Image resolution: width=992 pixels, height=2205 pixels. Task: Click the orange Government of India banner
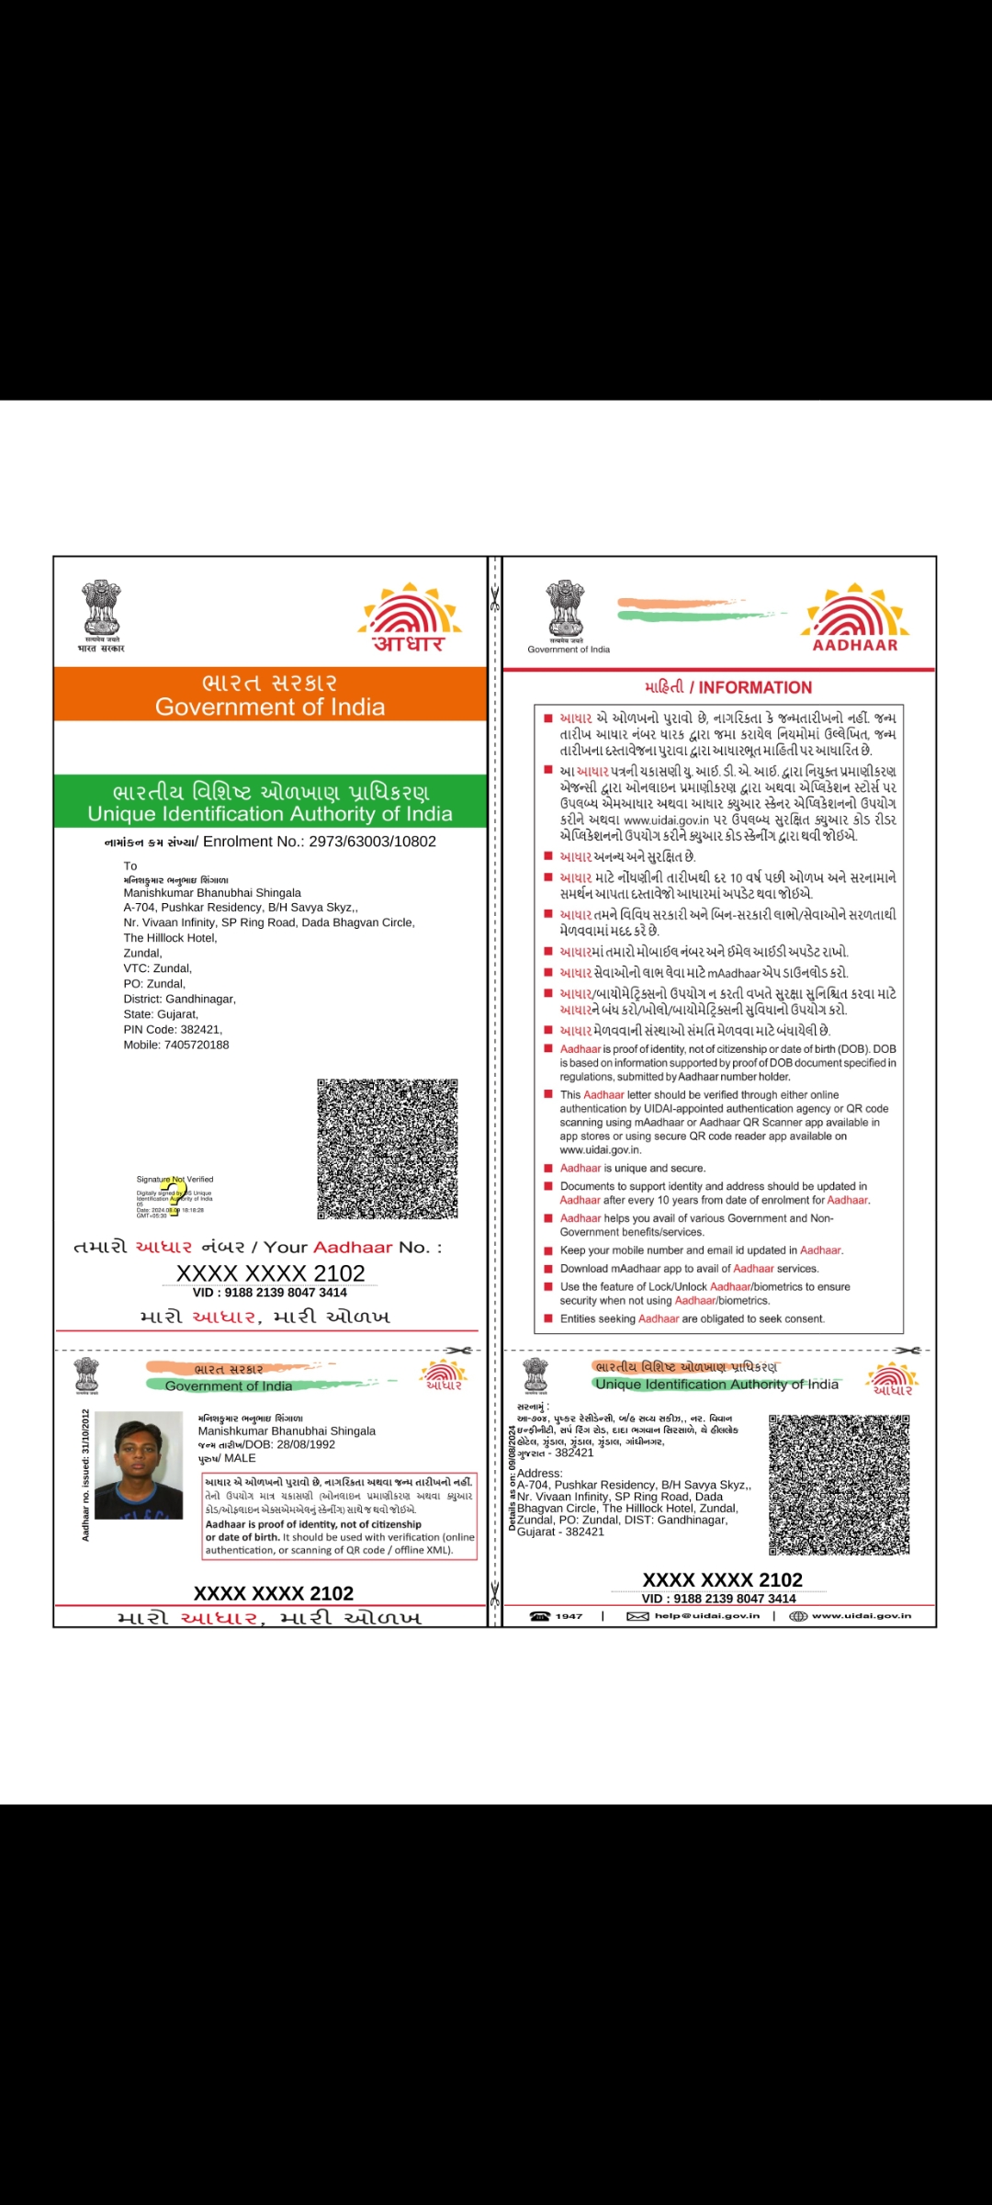tap(270, 694)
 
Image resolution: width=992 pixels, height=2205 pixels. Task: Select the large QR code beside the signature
tap(388, 1149)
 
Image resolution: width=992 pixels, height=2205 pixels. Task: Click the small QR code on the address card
tap(839, 1485)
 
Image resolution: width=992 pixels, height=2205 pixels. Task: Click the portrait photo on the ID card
tap(139, 1464)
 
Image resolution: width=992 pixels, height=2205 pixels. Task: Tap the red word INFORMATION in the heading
tap(755, 687)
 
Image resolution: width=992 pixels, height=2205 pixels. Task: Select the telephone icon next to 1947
tap(540, 1616)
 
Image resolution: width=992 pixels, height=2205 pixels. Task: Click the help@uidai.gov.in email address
tap(706, 1616)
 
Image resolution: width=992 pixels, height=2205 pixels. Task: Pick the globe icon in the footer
tap(797, 1616)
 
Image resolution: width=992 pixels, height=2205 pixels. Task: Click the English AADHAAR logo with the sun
tap(855, 617)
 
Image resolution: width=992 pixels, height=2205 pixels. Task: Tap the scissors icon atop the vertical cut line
tap(495, 598)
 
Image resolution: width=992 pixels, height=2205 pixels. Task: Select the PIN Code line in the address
tap(173, 1030)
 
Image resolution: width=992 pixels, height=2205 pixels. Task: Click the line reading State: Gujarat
tap(161, 1014)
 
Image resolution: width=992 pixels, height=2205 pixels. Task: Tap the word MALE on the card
tap(241, 1458)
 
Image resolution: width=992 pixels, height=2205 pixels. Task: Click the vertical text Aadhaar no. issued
tap(85, 1475)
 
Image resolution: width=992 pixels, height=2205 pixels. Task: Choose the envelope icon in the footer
tap(637, 1616)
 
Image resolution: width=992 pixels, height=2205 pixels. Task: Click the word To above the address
tap(130, 865)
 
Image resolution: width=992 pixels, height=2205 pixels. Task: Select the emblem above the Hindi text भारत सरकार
tap(101, 607)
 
